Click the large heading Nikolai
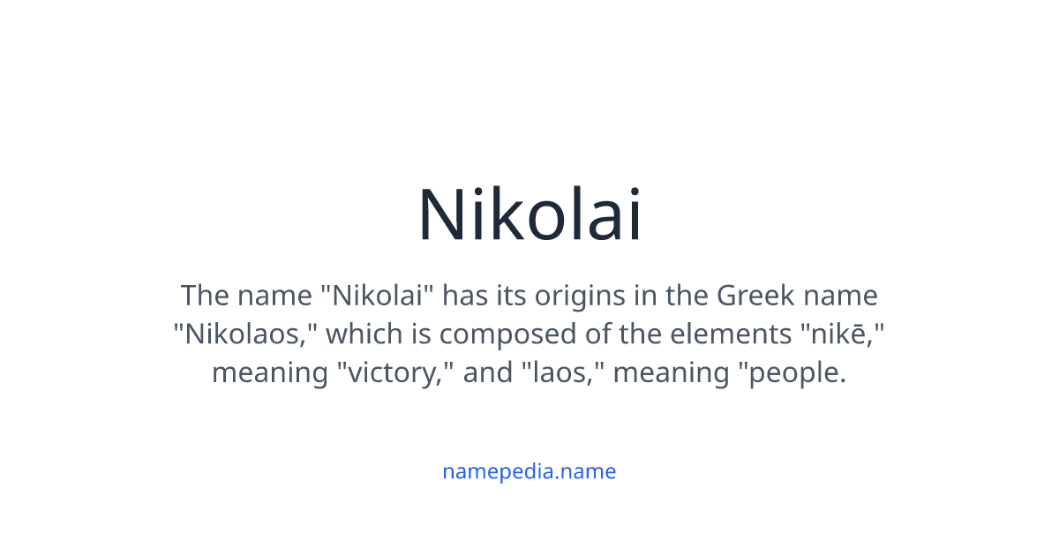click(x=529, y=214)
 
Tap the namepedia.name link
click(x=529, y=471)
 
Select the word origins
click(x=567, y=295)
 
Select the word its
click(x=508, y=295)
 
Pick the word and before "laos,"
click(x=488, y=372)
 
